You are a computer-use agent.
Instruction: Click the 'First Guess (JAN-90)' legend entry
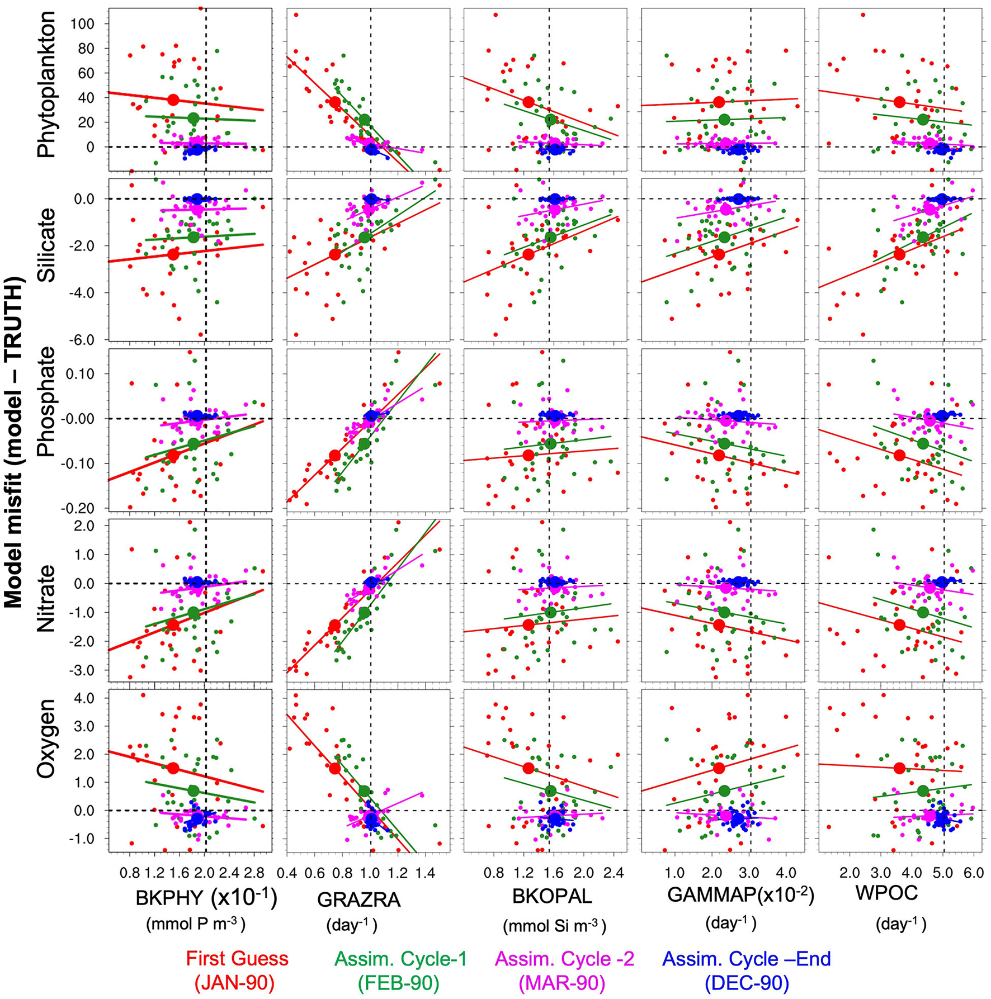coord(237,970)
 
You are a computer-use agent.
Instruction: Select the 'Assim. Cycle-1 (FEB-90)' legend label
coord(400,970)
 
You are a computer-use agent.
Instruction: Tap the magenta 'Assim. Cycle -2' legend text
coord(564,970)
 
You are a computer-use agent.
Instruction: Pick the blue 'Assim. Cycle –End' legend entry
coord(746,970)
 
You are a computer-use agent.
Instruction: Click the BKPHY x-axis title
coord(206,898)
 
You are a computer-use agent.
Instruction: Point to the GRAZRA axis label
coord(358,899)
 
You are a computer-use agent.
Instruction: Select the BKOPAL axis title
coord(551,896)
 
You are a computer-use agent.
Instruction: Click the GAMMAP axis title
coord(740,896)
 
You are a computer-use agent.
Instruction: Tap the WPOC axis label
coord(886,893)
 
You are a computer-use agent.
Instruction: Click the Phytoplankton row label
coord(46,85)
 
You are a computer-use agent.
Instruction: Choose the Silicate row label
coord(46,245)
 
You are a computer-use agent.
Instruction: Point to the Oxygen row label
coord(46,738)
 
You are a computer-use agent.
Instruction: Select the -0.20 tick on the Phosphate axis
coord(85,508)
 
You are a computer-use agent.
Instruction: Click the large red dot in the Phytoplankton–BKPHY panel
coord(173,100)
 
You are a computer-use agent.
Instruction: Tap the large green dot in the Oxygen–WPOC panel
coord(923,790)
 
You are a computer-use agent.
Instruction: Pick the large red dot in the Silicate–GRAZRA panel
coord(335,254)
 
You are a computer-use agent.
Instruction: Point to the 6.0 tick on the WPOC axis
coord(974,873)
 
